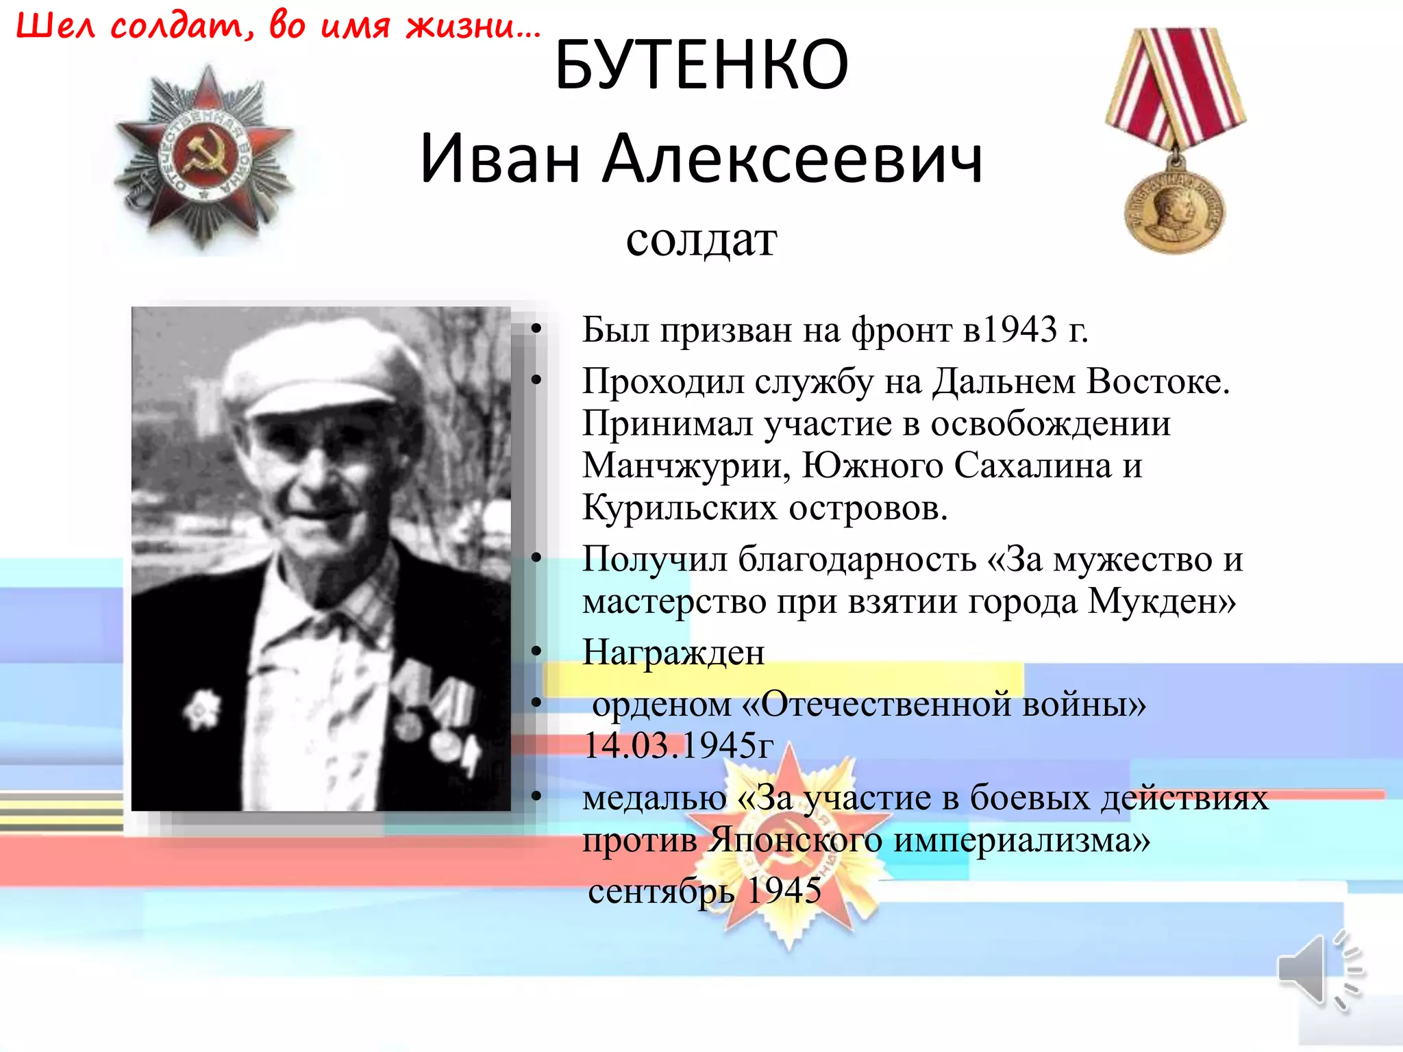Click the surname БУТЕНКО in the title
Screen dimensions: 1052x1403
[701, 65]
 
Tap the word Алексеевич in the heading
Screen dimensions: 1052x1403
[793, 159]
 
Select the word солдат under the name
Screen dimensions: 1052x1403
[701, 240]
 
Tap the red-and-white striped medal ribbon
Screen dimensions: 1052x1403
[1176, 82]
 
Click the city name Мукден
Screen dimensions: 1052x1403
[1161, 601]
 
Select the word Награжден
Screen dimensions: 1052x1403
[673, 652]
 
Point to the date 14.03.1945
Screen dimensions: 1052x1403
[678, 745]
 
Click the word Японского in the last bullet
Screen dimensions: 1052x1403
[795, 840]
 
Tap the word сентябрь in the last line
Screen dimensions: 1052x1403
[661, 890]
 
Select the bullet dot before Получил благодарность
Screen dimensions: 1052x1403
[536, 558]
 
